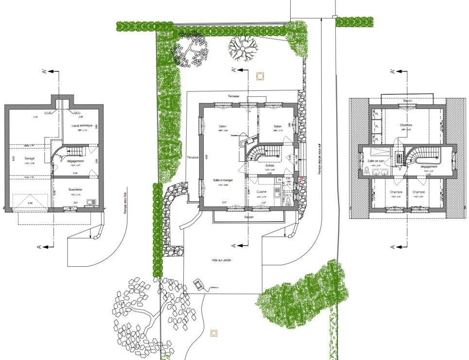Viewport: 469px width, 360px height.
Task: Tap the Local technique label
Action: [82, 125]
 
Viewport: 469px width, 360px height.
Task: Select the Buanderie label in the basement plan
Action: [75, 189]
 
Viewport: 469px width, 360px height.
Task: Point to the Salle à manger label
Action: [224, 180]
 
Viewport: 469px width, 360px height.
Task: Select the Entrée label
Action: [270, 165]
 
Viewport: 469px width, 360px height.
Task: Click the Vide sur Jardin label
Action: [221, 260]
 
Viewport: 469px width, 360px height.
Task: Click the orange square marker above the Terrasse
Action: [261, 76]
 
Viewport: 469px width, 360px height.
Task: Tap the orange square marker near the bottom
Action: [213, 333]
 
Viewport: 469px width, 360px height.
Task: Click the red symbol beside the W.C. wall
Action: [301, 180]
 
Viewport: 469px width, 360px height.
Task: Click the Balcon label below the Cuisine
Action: [249, 217]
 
